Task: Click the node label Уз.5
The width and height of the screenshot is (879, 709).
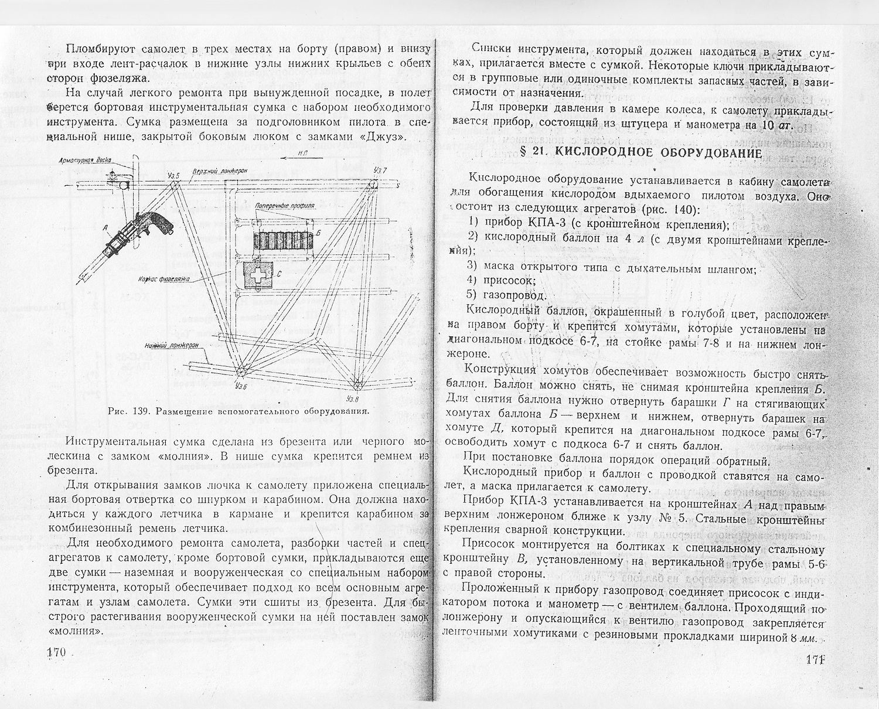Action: pos(173,175)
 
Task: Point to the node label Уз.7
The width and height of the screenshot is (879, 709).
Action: pos(380,170)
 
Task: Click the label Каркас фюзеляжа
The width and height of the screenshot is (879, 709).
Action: pos(165,279)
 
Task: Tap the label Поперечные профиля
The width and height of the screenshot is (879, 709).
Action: pos(286,207)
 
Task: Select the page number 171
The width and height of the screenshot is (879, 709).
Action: pos(815,659)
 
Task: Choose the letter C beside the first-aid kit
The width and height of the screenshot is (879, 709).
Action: pos(279,273)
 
